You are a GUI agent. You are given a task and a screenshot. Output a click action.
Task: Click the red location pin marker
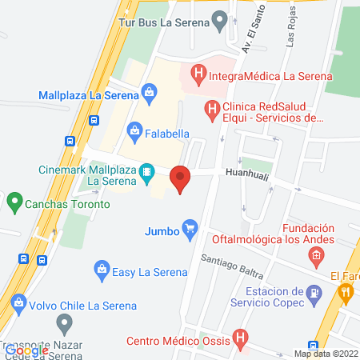coord(180,178)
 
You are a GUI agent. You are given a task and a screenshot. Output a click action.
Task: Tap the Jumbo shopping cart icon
coord(190,230)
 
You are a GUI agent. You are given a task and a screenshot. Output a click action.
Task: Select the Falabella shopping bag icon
coord(134,130)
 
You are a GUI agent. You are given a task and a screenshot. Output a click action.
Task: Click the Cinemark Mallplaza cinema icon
coord(146,172)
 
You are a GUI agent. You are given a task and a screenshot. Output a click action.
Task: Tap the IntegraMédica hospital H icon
coord(197,77)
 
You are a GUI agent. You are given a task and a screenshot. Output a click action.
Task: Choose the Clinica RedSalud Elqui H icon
coord(211,110)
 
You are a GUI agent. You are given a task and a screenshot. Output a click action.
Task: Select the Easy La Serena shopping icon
coord(101,270)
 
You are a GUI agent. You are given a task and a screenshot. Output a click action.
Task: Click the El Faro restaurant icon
coord(346,293)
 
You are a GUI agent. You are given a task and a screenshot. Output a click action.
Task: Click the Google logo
coord(26,349)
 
